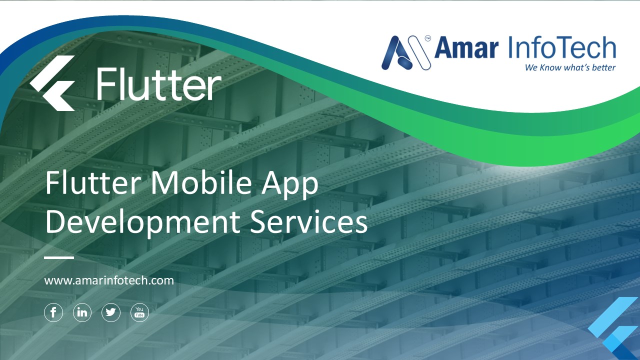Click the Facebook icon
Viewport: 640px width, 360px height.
(x=53, y=313)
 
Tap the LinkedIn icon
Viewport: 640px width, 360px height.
(x=82, y=313)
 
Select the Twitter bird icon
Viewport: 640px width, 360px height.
(x=111, y=313)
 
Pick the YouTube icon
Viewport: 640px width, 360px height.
(x=139, y=313)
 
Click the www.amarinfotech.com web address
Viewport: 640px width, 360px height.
(x=109, y=280)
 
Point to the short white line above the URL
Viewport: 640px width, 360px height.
(x=59, y=258)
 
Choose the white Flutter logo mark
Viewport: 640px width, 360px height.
(x=52, y=83)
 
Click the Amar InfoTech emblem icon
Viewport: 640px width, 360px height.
(x=405, y=52)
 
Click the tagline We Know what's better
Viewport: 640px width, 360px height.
(x=570, y=67)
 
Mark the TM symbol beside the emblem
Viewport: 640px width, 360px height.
(x=428, y=37)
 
